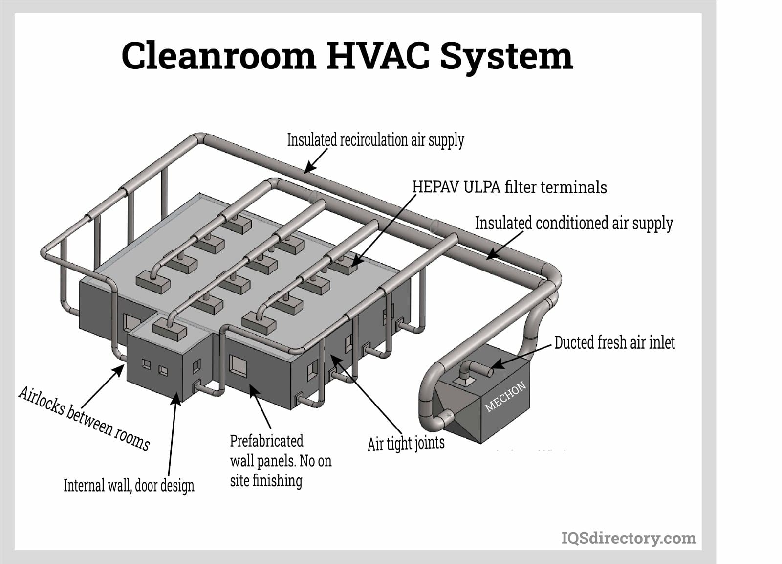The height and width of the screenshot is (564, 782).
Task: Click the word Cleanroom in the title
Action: pos(218,55)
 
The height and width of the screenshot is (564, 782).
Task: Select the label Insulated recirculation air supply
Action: pos(375,140)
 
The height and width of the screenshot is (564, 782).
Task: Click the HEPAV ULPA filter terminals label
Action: pos(509,187)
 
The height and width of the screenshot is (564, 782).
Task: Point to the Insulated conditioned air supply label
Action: pos(574,223)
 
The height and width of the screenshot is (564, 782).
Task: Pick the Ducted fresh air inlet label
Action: pos(614,342)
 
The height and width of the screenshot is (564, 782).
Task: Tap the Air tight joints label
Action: pos(406,444)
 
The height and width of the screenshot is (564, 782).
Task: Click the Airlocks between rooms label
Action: pos(84,418)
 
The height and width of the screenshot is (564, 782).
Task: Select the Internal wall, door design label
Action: pos(129,485)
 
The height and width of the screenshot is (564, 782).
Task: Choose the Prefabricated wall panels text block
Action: pos(280,460)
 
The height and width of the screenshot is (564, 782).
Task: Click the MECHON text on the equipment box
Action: pos(505,396)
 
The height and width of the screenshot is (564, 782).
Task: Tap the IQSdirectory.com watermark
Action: pos(629,538)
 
